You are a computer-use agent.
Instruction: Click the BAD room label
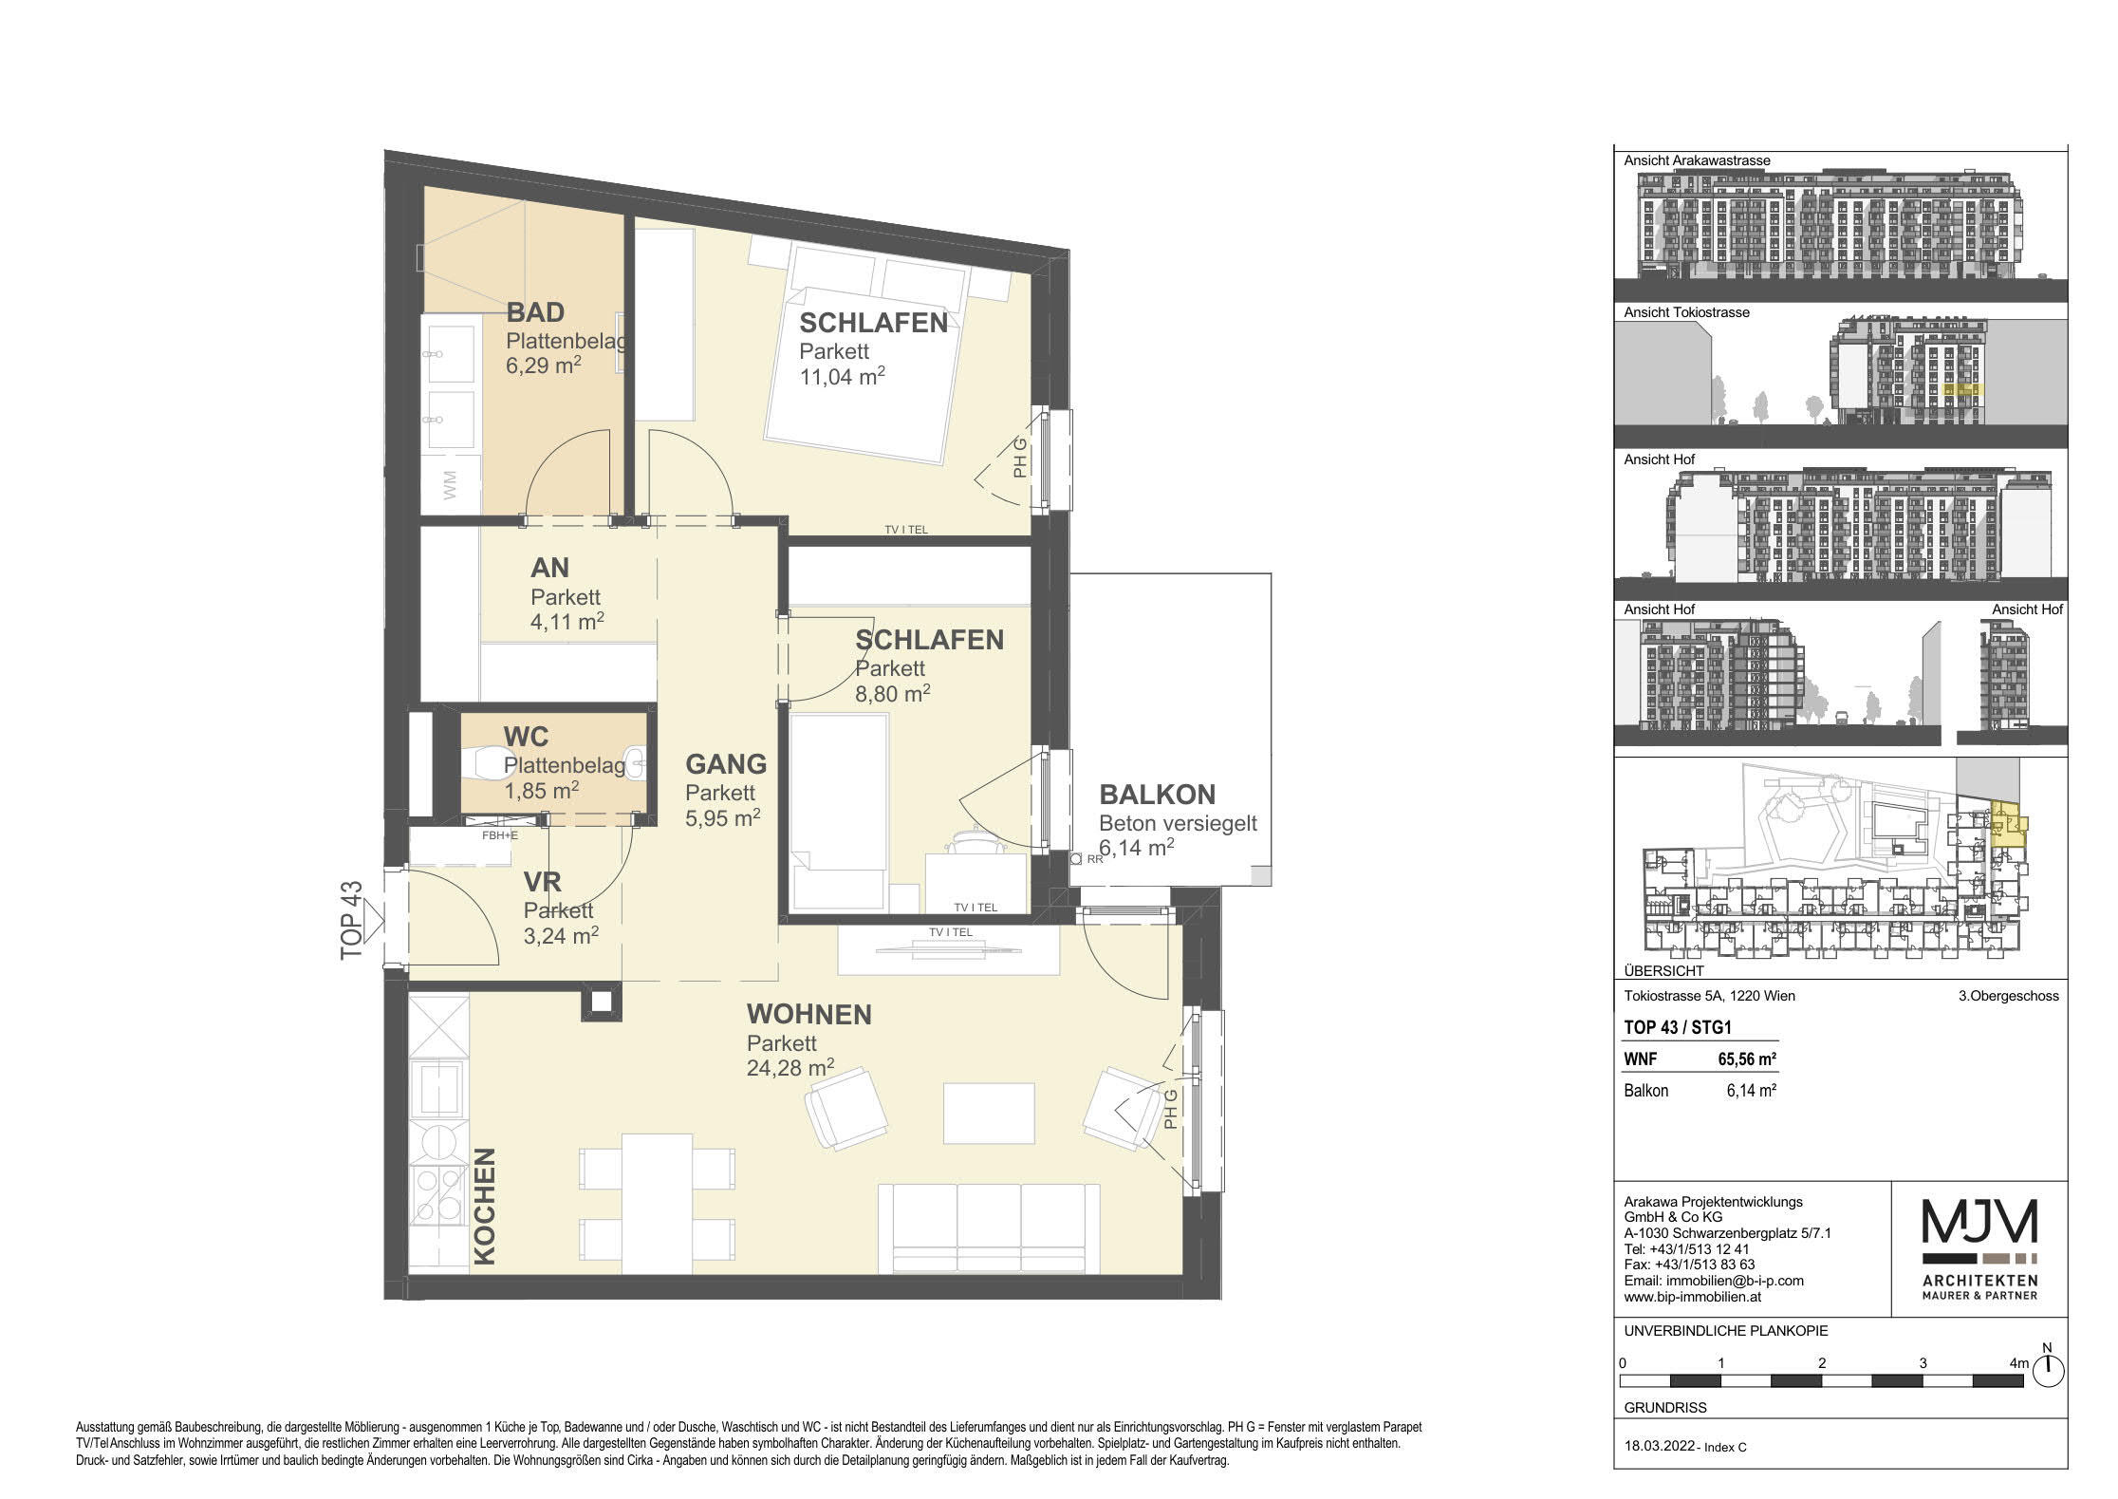(535, 311)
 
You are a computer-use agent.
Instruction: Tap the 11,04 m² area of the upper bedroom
(843, 376)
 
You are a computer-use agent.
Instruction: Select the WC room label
(526, 737)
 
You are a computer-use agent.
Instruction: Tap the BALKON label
(1157, 794)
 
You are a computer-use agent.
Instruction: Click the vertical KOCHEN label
(485, 1206)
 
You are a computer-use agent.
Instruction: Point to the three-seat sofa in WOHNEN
(989, 1227)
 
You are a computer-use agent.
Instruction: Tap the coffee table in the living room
(988, 1114)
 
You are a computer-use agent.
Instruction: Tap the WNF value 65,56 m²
(1748, 1059)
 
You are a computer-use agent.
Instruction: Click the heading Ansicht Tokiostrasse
(1686, 312)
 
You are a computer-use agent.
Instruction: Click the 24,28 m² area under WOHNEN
(790, 1068)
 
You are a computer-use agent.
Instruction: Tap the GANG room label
(726, 763)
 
